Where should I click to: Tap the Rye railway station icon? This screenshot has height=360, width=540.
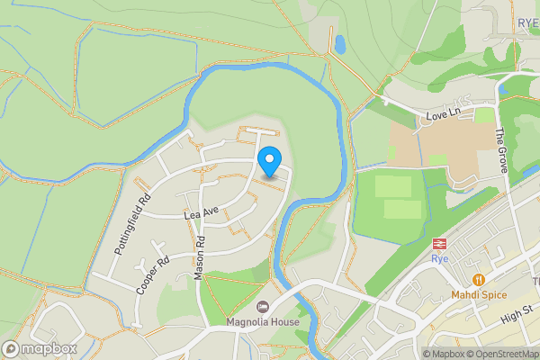(440, 243)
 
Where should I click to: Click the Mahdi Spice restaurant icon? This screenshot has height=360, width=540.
(478, 280)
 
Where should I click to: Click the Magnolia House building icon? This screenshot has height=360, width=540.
(263, 307)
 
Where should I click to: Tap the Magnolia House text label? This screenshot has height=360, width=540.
(263, 321)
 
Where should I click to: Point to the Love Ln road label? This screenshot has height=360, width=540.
(443, 114)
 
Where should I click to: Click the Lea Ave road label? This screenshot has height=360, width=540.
(202, 213)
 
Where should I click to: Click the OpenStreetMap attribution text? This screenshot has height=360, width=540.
(499, 354)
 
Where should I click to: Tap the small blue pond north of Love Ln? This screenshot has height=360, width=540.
(339, 42)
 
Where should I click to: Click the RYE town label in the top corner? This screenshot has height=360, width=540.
(527, 23)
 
